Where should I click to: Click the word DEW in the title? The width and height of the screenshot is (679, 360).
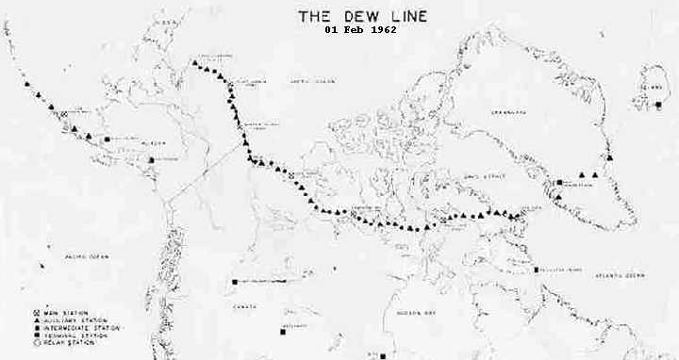point(351,15)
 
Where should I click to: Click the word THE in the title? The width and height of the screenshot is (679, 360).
point(314,15)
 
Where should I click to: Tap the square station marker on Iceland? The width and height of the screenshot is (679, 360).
point(657,105)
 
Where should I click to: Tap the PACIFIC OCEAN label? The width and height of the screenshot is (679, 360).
point(72,255)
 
